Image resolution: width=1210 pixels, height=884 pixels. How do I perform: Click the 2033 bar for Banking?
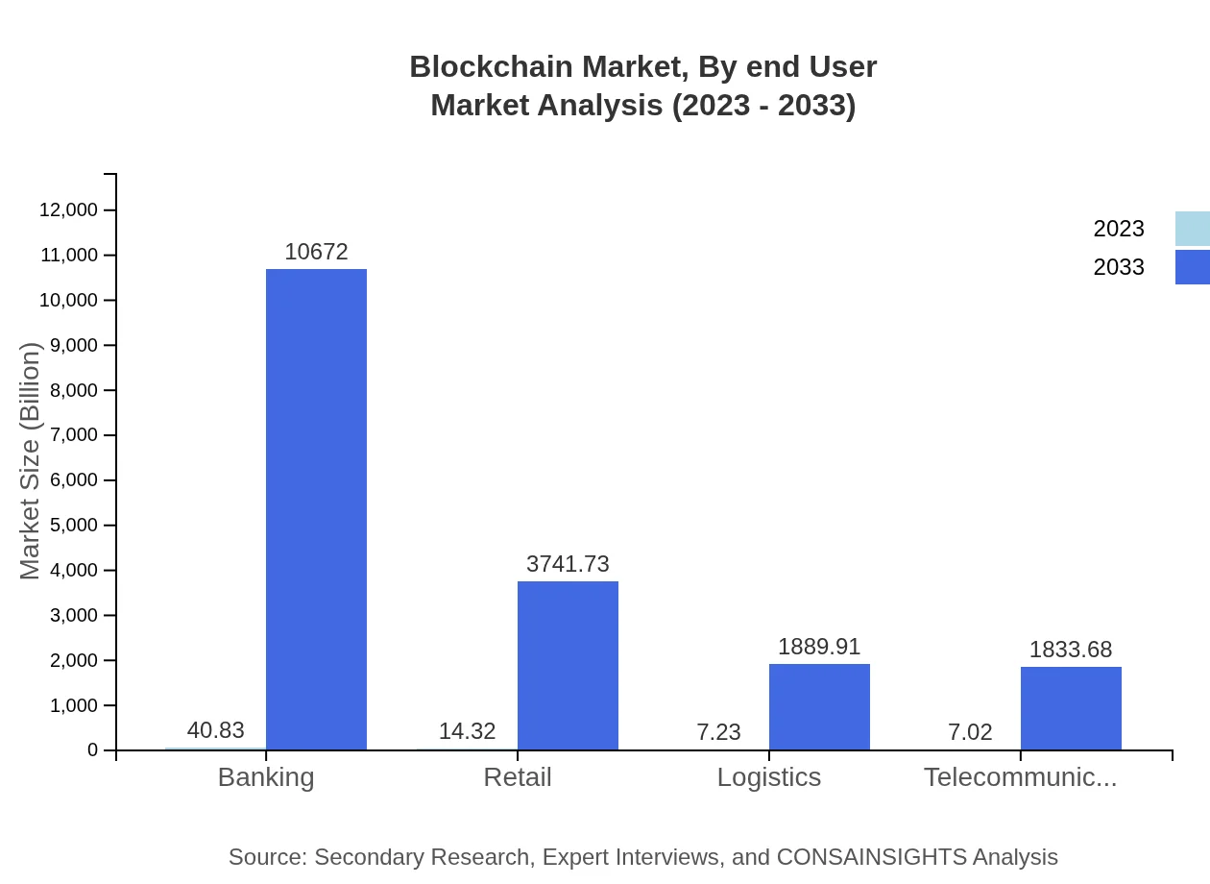[x=316, y=509]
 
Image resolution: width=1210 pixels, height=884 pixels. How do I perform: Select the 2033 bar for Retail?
[x=568, y=665]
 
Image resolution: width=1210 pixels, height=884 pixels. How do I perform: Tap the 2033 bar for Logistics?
[x=819, y=706]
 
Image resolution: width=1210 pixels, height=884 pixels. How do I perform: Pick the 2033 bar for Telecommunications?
[x=1071, y=708]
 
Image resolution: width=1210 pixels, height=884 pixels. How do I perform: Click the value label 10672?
[x=316, y=252]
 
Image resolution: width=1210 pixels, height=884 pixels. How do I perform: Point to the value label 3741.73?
[x=568, y=564]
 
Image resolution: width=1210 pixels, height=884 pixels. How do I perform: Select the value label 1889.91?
[x=819, y=647]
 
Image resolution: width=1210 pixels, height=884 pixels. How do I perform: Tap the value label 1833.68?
[x=1071, y=650]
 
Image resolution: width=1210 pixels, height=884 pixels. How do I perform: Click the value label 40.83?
[x=215, y=730]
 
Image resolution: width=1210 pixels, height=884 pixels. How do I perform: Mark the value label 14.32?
[x=467, y=731]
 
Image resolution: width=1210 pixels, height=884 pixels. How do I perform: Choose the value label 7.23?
[x=718, y=732]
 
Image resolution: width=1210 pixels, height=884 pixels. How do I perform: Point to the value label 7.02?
[x=970, y=732]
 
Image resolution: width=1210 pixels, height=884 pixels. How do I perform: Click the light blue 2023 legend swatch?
[x=1192, y=229]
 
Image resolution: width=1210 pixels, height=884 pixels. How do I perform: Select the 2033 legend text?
[x=1119, y=267]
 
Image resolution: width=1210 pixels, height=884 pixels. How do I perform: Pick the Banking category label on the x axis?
[x=266, y=776]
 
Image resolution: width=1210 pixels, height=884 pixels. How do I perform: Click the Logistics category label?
[x=769, y=776]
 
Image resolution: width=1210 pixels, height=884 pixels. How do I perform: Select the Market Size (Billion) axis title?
[x=30, y=461]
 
